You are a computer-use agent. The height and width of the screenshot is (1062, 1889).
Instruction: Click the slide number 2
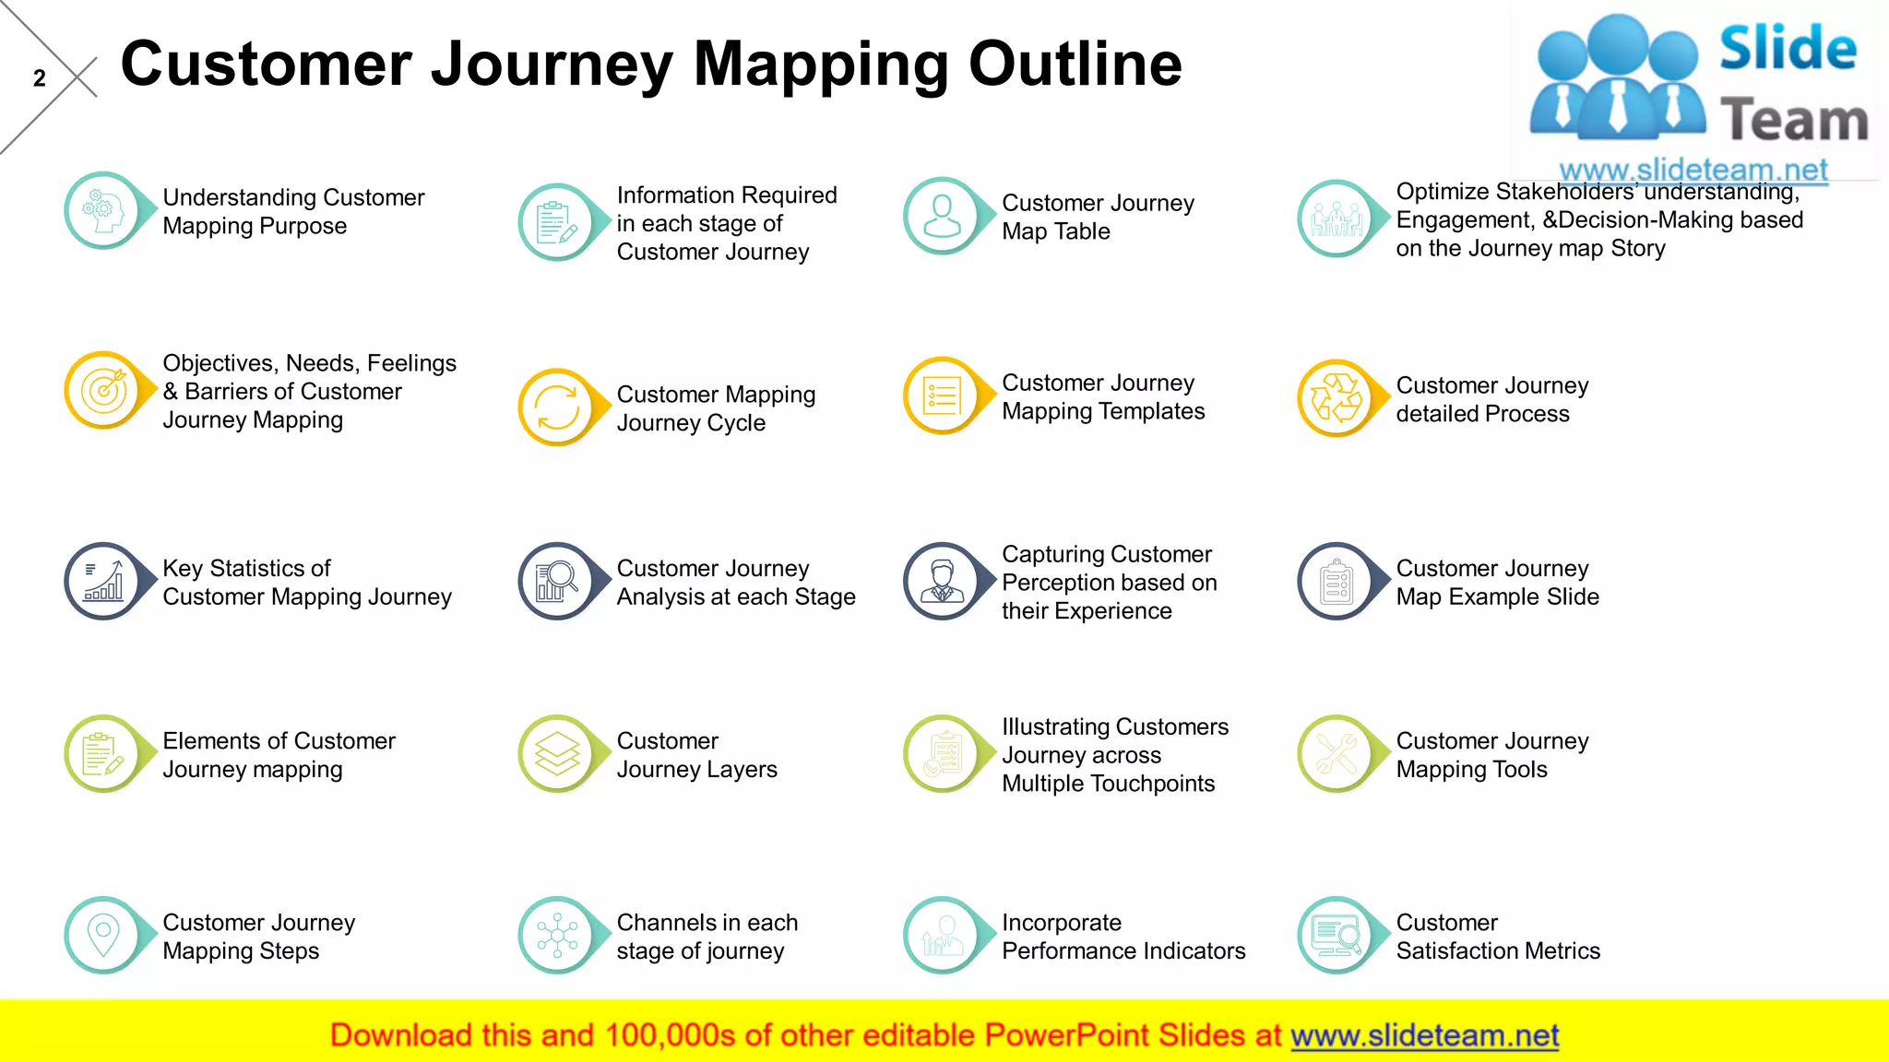click(x=39, y=78)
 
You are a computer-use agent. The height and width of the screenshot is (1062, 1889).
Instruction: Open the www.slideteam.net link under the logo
click(x=1693, y=170)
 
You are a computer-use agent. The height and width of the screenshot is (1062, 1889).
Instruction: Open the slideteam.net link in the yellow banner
click(x=1424, y=1035)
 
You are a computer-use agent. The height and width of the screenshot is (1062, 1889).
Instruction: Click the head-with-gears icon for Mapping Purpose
click(x=102, y=211)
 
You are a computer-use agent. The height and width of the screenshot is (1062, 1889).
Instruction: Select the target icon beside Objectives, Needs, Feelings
click(x=103, y=391)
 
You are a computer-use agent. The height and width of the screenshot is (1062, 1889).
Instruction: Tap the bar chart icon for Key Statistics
click(x=103, y=582)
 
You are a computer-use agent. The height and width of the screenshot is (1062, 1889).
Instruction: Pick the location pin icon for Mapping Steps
click(x=103, y=935)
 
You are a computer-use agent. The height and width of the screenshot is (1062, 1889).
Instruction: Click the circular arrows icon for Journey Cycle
click(x=557, y=407)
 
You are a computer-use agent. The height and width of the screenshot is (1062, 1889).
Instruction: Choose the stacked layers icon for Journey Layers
click(x=557, y=754)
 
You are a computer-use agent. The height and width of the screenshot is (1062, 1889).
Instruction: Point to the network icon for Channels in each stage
click(x=557, y=936)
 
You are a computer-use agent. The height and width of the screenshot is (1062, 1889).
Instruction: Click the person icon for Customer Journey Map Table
click(x=942, y=216)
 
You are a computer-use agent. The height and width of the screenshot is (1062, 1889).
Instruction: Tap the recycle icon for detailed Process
click(x=1336, y=398)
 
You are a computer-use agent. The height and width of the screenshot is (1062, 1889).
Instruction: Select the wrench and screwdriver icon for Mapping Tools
click(x=1336, y=754)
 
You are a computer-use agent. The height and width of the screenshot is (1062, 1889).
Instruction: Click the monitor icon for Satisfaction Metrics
click(x=1336, y=936)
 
